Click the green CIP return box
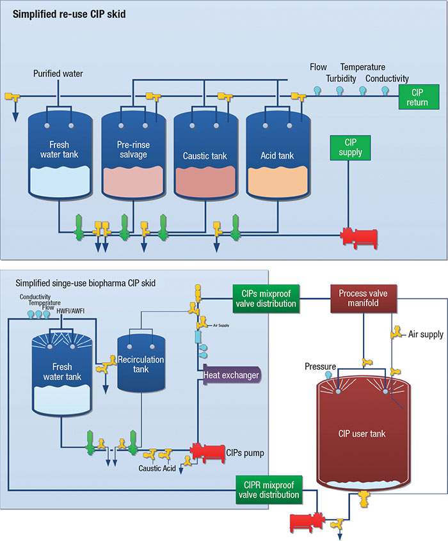click(x=417, y=97)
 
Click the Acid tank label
click(x=278, y=155)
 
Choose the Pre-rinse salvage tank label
click(x=134, y=150)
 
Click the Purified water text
click(x=58, y=74)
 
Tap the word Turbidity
click(x=341, y=78)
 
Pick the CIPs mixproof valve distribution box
click(x=263, y=298)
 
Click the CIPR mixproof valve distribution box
click(x=268, y=490)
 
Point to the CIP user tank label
click(x=362, y=434)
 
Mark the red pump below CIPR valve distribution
click(x=306, y=522)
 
